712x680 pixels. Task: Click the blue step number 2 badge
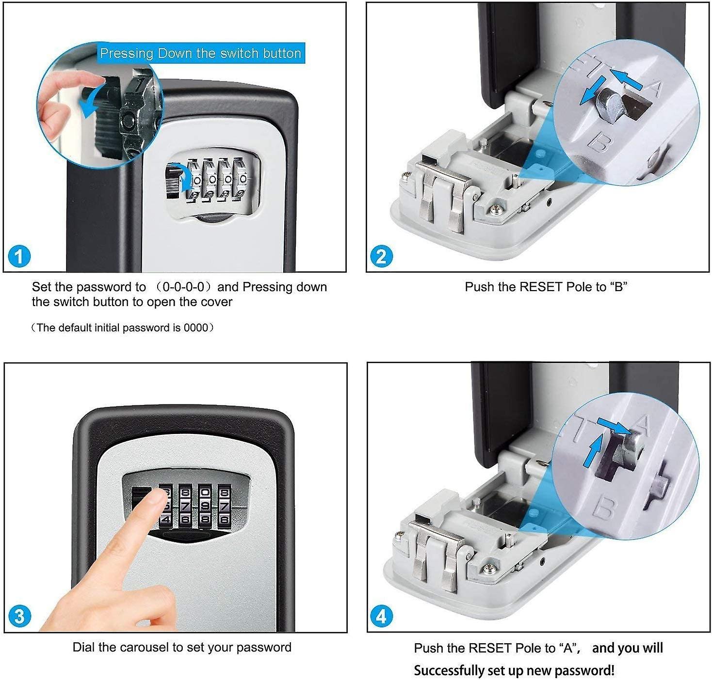[381, 256]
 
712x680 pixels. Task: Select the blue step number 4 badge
[381, 617]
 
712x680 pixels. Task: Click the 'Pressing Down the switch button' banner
[200, 53]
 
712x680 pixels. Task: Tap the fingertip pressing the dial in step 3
[156, 499]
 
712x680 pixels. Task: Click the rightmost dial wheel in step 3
[224, 507]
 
